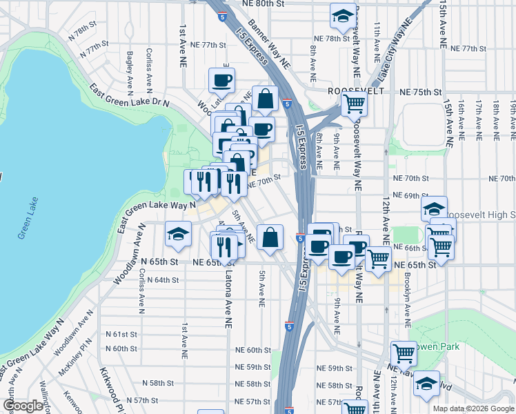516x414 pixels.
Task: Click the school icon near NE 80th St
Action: tap(342, 18)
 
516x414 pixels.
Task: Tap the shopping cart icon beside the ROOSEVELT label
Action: tap(354, 104)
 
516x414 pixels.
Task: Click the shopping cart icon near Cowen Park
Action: tap(404, 354)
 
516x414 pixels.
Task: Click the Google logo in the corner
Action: tap(23, 406)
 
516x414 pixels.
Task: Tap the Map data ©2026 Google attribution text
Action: tap(473, 408)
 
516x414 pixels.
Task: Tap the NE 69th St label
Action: tap(410, 196)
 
